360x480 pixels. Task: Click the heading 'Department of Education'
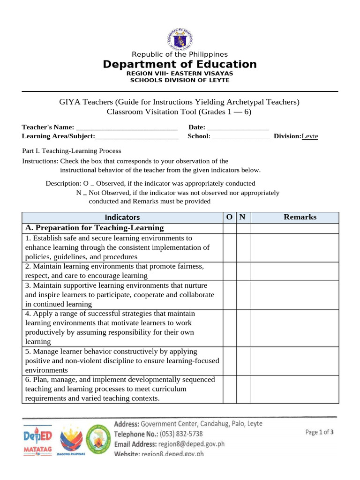coord(180,64)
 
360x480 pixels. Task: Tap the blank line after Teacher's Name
coord(126,127)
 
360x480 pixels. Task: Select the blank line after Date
coord(238,127)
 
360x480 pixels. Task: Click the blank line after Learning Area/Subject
coord(136,136)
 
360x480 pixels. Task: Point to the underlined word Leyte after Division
coord(309,136)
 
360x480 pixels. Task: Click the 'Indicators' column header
coord(122,217)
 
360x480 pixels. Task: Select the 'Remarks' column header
coord(300,217)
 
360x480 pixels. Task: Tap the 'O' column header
coord(229,217)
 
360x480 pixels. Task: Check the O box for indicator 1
coord(229,247)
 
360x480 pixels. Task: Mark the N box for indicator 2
coord(243,271)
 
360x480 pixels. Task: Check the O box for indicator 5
coord(229,360)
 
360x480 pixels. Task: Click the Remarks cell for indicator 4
coord(294,328)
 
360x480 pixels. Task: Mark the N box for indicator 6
coord(243,389)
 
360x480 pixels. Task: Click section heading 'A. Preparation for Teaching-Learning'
coord(94,228)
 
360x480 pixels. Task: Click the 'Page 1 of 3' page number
coord(319,432)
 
